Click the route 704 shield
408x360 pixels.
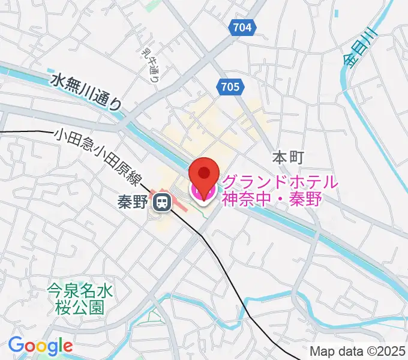click(242, 27)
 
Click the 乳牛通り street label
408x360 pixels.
click(150, 66)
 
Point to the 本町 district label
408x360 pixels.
click(289, 158)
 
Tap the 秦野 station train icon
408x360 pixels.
click(161, 203)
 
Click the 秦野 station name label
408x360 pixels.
click(133, 203)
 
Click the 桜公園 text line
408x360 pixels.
click(80, 308)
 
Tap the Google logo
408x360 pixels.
click(40, 346)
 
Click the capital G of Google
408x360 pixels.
click(16, 345)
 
